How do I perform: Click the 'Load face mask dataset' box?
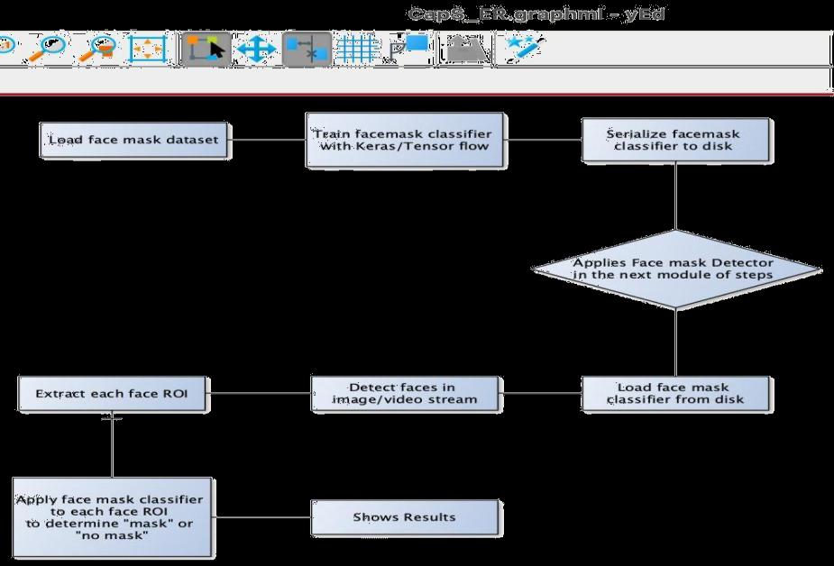click(x=134, y=141)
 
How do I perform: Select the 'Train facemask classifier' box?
click(x=405, y=141)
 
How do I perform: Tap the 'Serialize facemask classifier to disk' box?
click(x=675, y=141)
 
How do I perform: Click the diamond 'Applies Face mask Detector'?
click(x=675, y=269)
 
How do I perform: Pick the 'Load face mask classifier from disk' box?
click(x=675, y=393)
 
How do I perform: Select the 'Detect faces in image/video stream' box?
click(x=405, y=393)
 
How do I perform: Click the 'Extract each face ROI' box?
click(x=113, y=393)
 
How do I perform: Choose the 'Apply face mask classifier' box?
click(x=113, y=517)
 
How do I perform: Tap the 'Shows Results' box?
click(x=405, y=517)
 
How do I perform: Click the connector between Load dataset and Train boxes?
click(x=267, y=141)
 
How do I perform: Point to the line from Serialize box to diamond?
click(x=675, y=198)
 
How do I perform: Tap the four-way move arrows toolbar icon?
click(x=256, y=50)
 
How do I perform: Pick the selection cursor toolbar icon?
click(x=206, y=50)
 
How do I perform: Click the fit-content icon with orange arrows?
click(x=148, y=50)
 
